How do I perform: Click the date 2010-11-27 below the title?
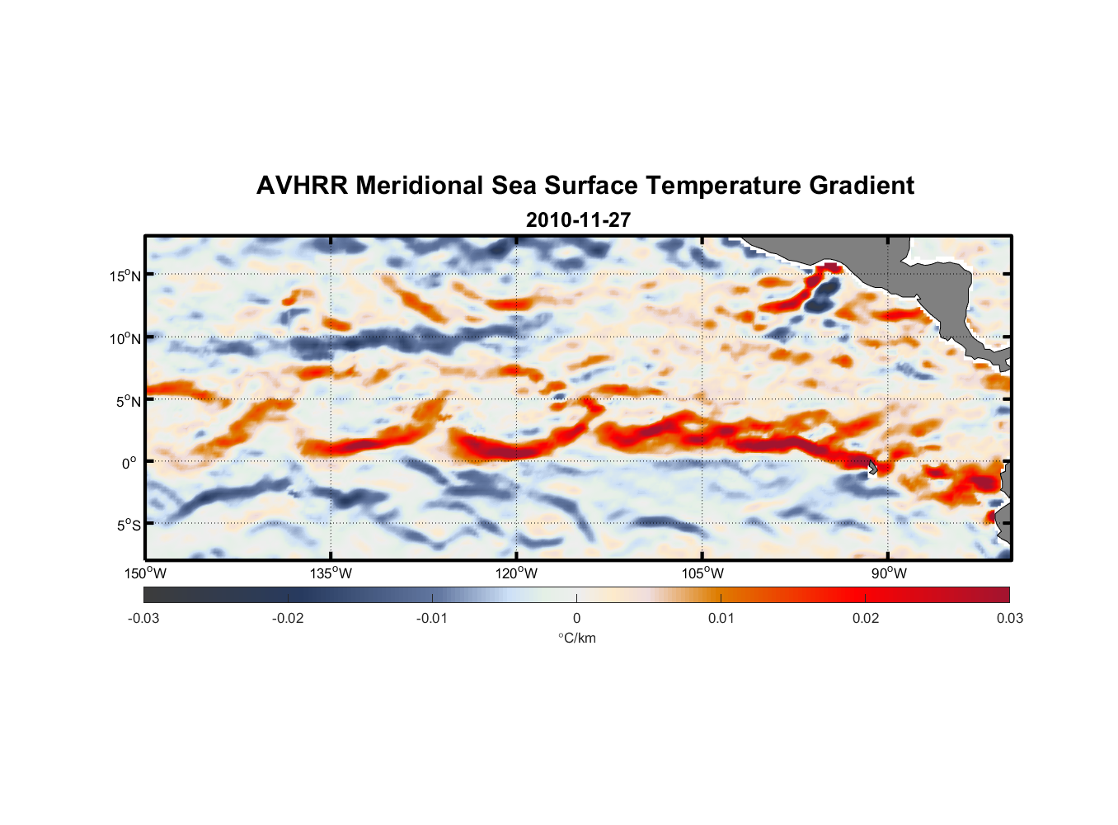(578, 220)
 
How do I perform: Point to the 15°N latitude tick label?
(125, 276)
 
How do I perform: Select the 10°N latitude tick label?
(125, 338)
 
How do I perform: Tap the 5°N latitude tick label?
(129, 401)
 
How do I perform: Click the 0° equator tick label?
(129, 463)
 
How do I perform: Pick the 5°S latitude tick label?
(129, 525)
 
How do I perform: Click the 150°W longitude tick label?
(145, 573)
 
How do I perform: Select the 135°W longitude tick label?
(331, 573)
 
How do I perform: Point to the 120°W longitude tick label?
(516, 573)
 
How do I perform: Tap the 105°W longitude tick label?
(702, 573)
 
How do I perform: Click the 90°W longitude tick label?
(889, 573)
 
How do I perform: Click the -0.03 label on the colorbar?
(143, 618)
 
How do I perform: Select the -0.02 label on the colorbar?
(288, 618)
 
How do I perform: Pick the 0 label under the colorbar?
(576, 618)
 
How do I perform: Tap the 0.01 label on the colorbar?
(721, 618)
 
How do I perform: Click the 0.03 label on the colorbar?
(1009, 618)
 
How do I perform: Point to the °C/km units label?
(576, 638)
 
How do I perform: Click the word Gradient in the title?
(862, 186)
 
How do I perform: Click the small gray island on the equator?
(872, 467)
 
